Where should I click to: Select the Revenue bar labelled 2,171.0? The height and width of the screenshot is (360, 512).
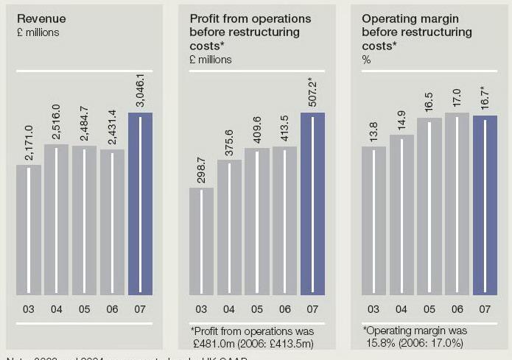29,228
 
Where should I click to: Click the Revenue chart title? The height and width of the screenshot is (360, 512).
41,18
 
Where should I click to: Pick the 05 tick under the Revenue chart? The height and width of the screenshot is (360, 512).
84,309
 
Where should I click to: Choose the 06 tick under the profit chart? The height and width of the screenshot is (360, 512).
284,309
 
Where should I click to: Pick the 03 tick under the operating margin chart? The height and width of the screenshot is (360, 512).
374,309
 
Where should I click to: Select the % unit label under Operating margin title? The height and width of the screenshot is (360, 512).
366,60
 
